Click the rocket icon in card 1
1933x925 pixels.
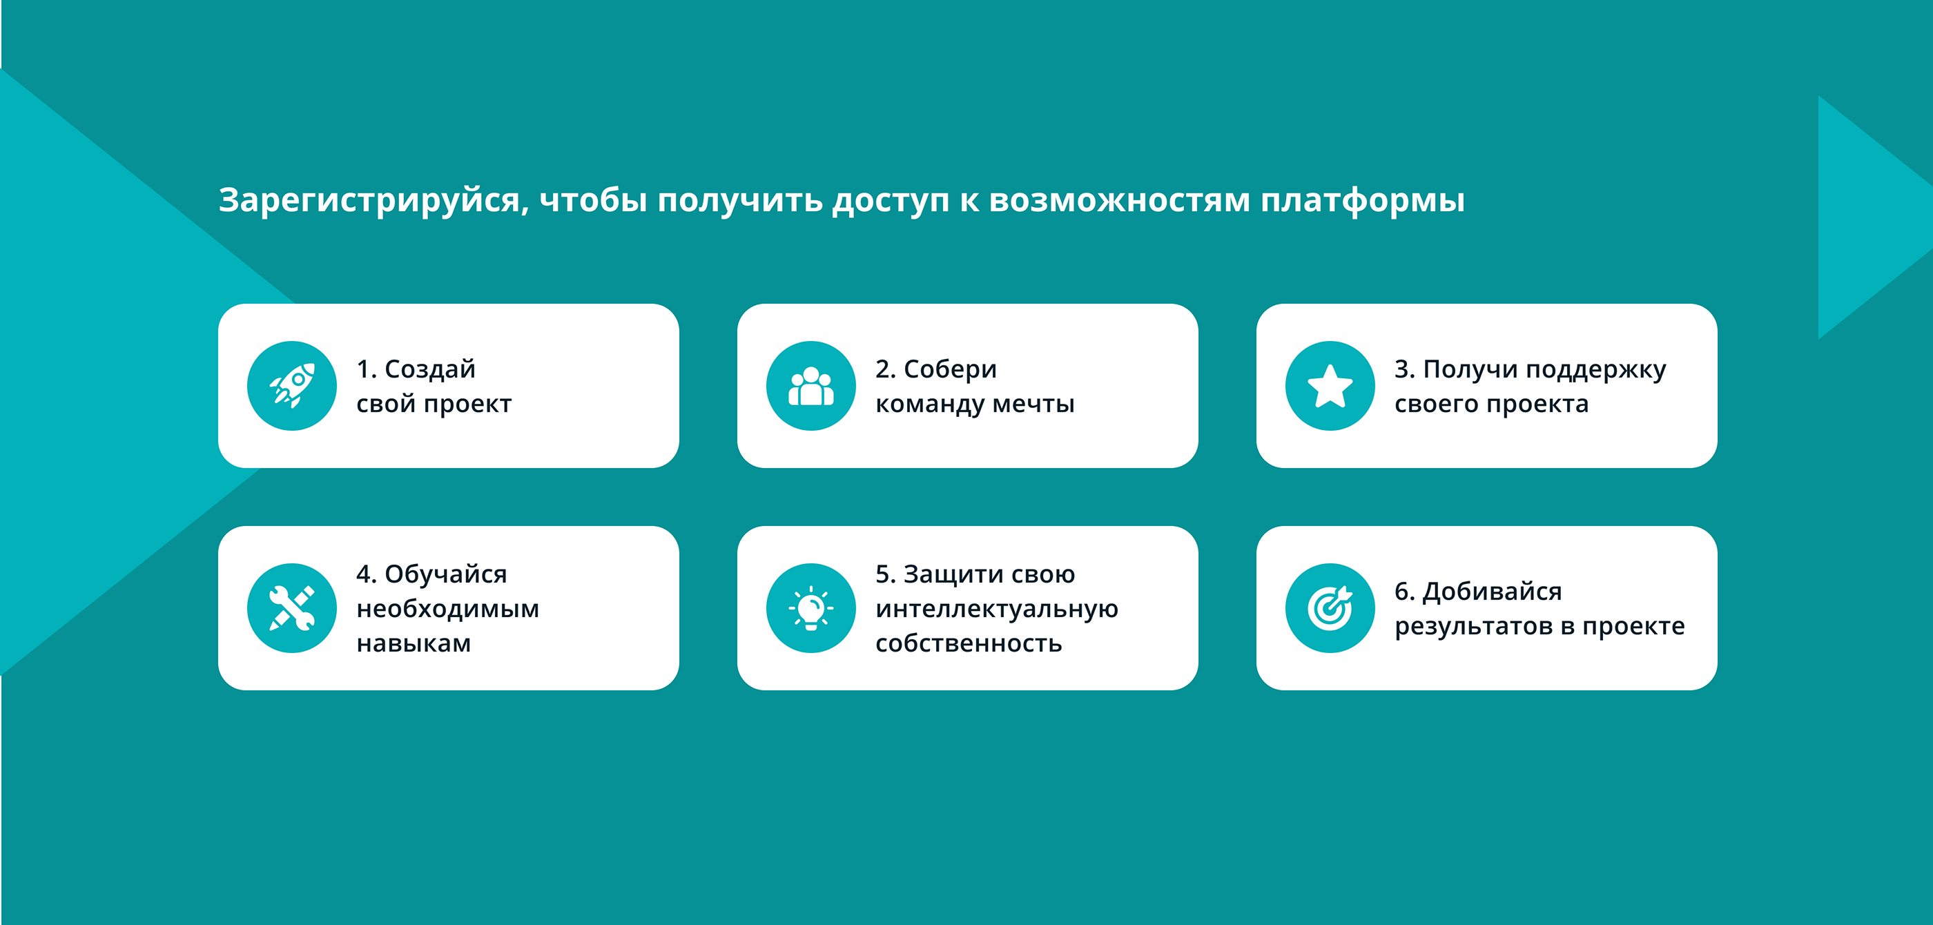(292, 386)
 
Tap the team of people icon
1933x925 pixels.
(810, 386)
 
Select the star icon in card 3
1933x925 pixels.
(1330, 386)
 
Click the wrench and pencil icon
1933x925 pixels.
(292, 607)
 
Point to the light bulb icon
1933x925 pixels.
(810, 607)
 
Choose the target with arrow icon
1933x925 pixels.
(1330, 607)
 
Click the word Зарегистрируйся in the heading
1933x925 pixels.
(373, 201)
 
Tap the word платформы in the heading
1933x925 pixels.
(1362, 201)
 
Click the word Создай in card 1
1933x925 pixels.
(430, 369)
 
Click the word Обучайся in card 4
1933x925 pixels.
(446, 574)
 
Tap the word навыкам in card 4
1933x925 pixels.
(414, 643)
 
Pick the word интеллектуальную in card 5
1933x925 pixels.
(996, 609)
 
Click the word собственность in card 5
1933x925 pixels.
(968, 643)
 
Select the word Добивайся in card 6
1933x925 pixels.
(1492, 592)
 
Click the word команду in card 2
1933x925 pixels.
(930, 405)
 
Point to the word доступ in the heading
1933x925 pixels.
(891, 201)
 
